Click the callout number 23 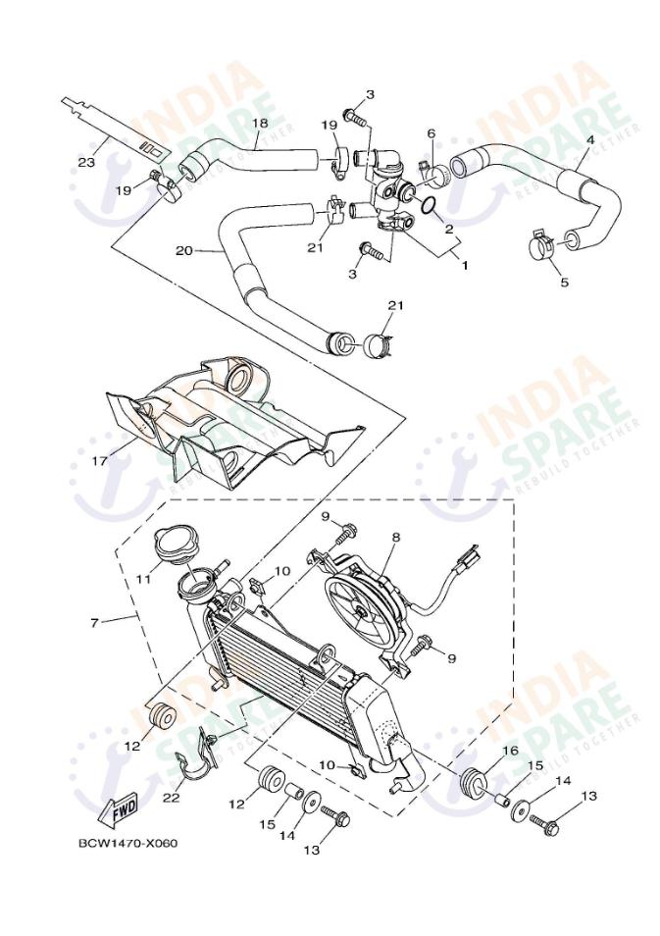[x=86, y=162]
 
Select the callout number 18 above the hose [x=259, y=125]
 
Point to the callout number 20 [x=183, y=250]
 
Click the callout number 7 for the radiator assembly [x=94, y=623]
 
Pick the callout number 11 [x=143, y=579]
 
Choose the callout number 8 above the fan [x=396, y=537]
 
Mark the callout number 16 [x=510, y=751]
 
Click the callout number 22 [x=172, y=798]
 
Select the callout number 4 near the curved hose [x=589, y=140]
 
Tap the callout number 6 [x=430, y=133]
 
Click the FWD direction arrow [x=118, y=810]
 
